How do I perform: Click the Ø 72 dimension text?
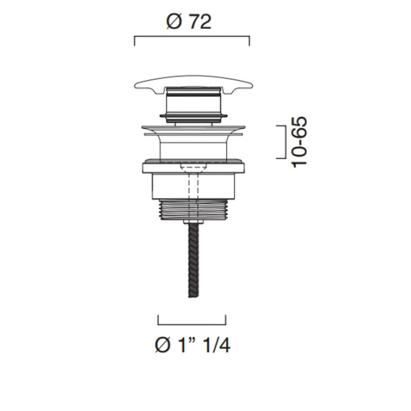pyautogui.click(x=189, y=22)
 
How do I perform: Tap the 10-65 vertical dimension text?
pyautogui.click(x=299, y=142)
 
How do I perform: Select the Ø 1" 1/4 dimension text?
pyautogui.click(x=193, y=345)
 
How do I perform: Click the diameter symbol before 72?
pyautogui.click(x=174, y=22)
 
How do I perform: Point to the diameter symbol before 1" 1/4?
pyautogui.click(x=162, y=346)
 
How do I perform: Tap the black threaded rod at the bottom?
pyautogui.click(x=193, y=261)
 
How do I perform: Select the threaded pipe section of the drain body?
pyautogui.click(x=193, y=209)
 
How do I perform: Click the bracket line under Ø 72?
pyautogui.click(x=192, y=37)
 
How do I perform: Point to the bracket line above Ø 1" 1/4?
pyautogui.click(x=192, y=325)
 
